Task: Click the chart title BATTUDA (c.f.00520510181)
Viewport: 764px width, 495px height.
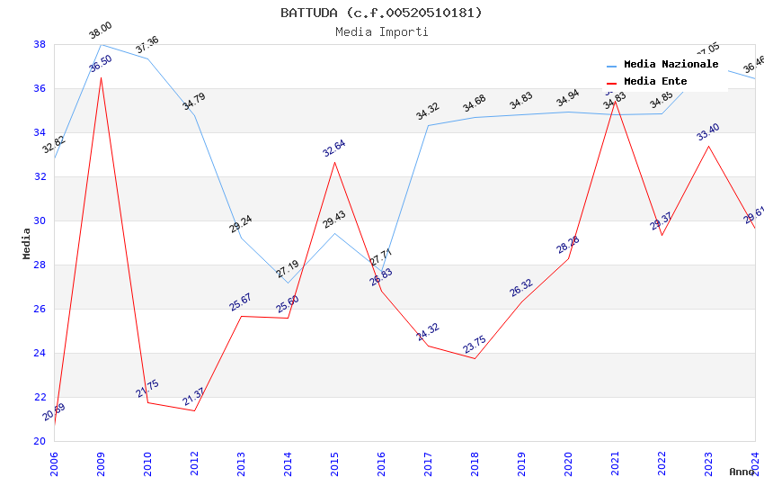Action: (381, 13)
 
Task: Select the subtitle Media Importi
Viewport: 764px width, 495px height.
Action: (381, 31)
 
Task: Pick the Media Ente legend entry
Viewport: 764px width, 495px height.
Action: (655, 82)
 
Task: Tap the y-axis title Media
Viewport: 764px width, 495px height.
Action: (26, 243)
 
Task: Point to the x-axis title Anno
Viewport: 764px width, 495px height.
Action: (742, 472)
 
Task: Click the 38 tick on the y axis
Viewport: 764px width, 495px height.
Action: (40, 44)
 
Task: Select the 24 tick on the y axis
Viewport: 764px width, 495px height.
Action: (40, 353)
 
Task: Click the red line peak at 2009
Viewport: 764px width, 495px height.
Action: (101, 77)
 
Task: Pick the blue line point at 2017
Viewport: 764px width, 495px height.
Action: (428, 125)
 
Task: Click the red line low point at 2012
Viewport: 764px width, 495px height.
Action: (194, 410)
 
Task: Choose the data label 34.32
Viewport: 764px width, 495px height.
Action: (427, 112)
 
